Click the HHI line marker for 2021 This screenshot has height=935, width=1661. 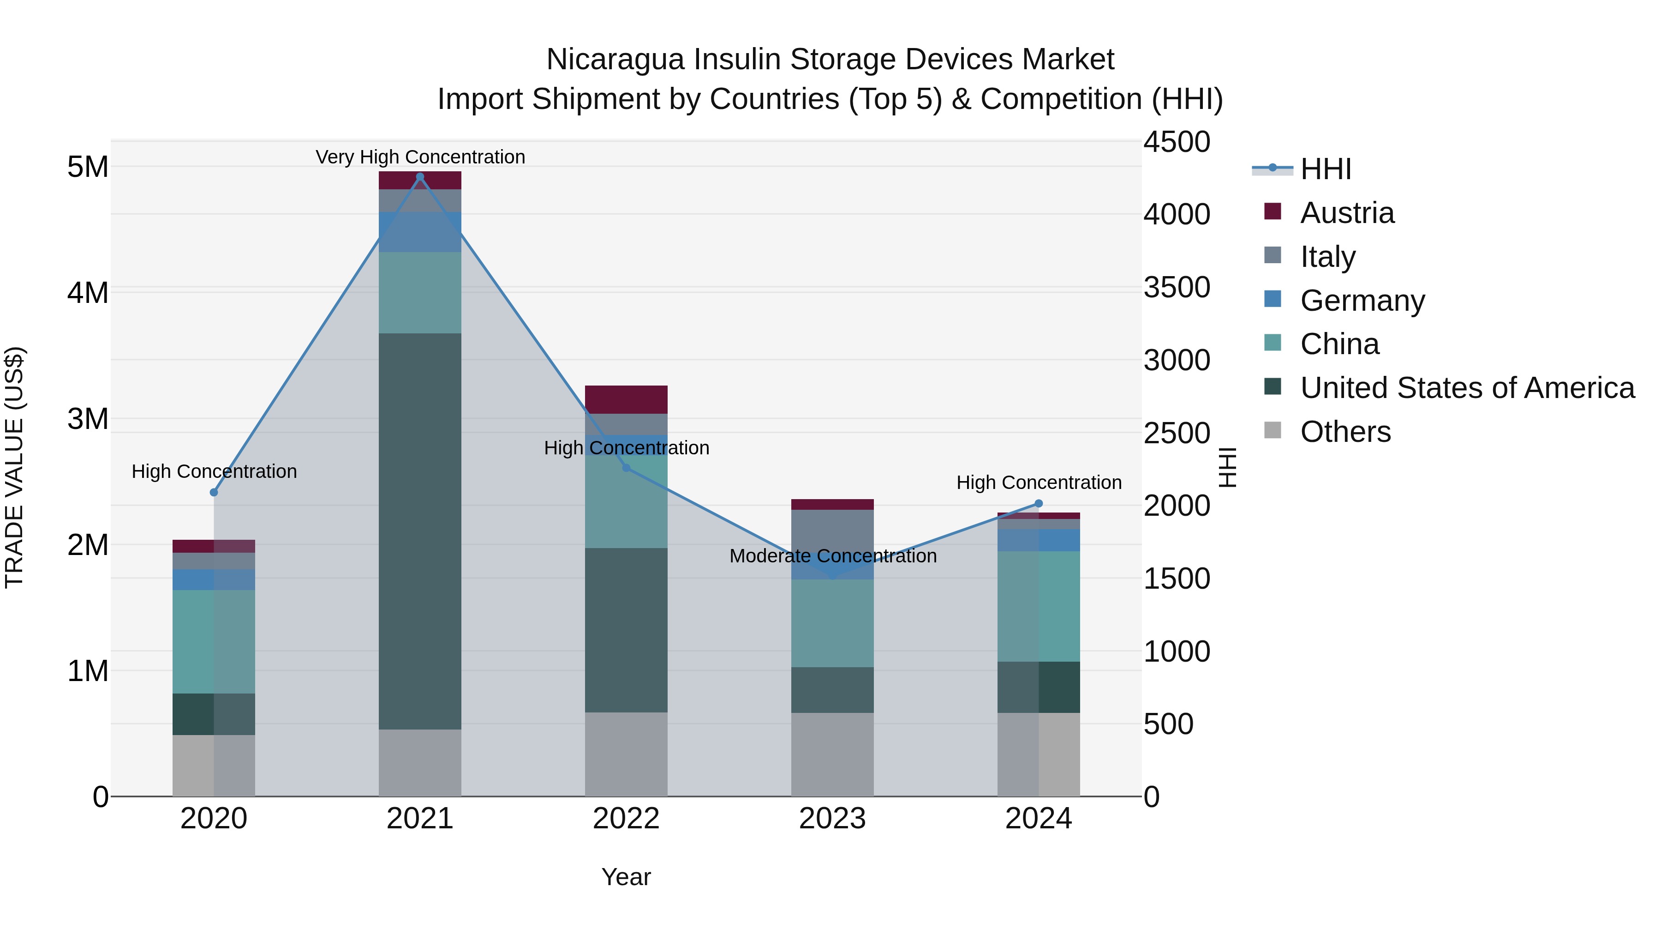pos(420,177)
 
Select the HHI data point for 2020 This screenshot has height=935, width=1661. pos(214,492)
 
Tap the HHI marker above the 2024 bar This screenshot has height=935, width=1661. pos(1038,503)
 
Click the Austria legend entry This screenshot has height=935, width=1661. pos(1346,213)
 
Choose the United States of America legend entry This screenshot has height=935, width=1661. pos(1467,388)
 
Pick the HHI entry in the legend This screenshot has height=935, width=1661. pos(1325,169)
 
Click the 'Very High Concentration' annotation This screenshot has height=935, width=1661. pos(420,157)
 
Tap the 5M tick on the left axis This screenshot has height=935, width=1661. pos(88,167)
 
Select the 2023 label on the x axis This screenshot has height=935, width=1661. pos(832,819)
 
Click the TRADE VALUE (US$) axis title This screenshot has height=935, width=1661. pos(14,467)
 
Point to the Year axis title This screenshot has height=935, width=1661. pos(626,877)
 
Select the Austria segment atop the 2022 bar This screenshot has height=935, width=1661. pos(626,399)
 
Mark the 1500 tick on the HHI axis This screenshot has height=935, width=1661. pos(1177,579)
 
